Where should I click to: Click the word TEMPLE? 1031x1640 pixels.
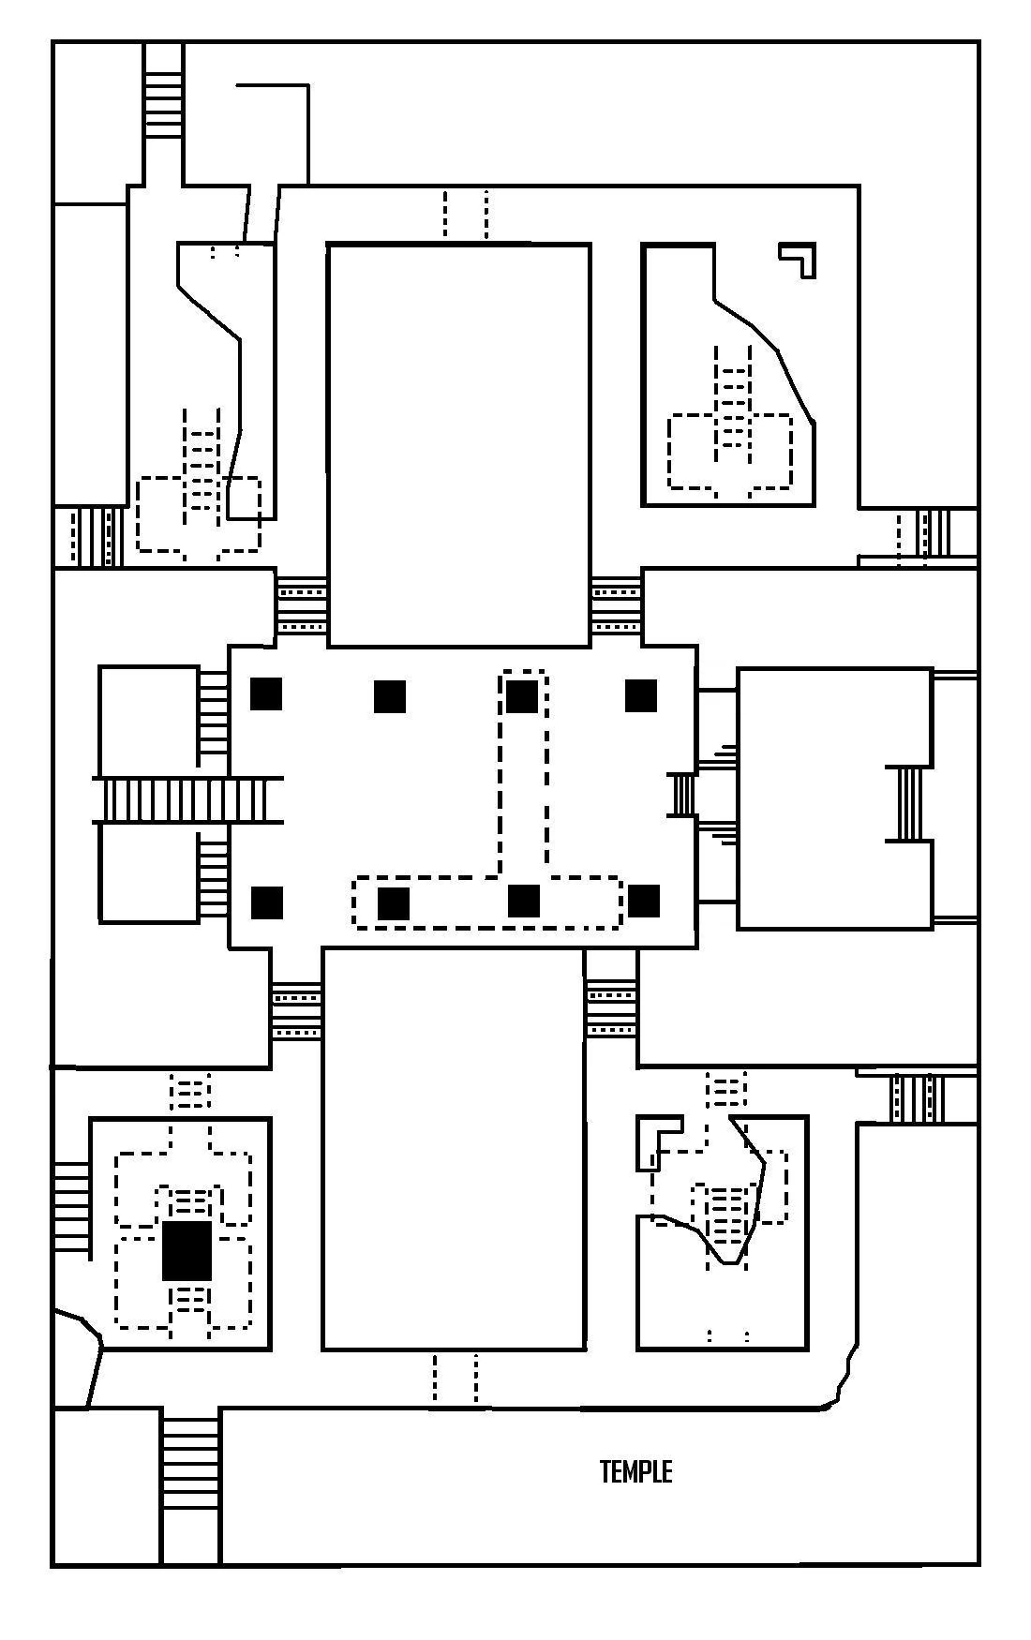[635, 1471]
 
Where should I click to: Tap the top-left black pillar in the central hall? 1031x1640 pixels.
[266, 693]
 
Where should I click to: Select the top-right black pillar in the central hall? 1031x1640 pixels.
[641, 695]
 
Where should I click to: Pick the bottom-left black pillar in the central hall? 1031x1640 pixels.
[267, 902]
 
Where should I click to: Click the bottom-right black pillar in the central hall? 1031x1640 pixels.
[644, 901]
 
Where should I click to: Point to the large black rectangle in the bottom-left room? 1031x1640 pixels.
[187, 1250]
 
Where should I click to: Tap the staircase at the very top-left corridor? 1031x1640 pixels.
[163, 92]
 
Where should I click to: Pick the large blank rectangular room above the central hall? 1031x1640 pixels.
[458, 445]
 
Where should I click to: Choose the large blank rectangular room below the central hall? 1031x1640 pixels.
[454, 1149]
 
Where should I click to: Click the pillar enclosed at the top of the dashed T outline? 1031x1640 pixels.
[522, 696]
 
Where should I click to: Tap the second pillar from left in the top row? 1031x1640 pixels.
[390, 696]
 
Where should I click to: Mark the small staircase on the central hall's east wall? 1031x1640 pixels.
[682, 795]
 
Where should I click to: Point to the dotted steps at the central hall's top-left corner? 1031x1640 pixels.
[302, 605]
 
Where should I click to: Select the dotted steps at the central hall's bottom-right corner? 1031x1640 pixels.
[611, 1008]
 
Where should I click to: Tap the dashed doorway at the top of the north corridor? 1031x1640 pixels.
[466, 214]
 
